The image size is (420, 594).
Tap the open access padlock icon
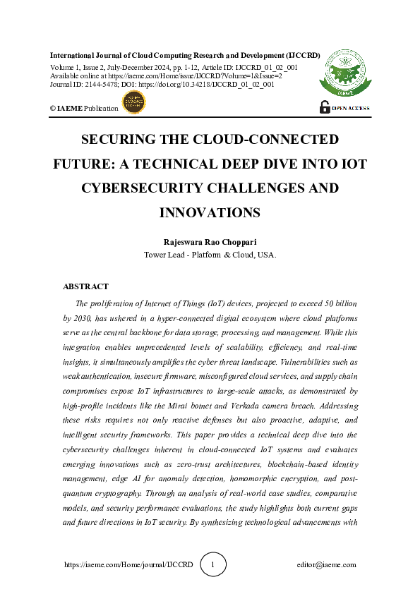[325, 107]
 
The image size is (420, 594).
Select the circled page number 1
[214, 564]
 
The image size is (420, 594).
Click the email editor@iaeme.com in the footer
[327, 565]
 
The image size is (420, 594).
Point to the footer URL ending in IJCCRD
[118, 565]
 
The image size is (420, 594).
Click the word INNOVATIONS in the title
[210, 212]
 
